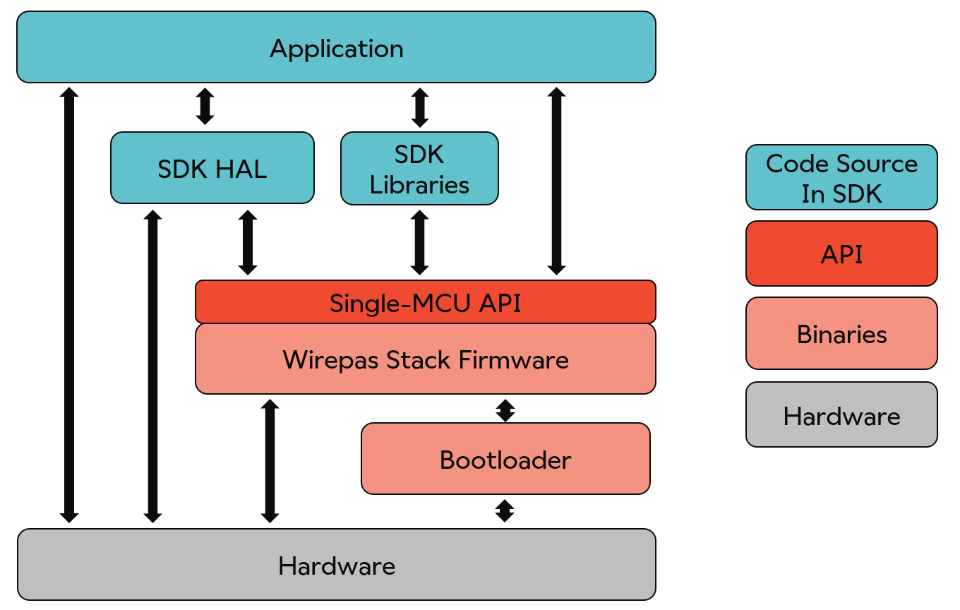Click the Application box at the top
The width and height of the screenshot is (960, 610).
(336, 47)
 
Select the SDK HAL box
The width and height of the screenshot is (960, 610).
(212, 168)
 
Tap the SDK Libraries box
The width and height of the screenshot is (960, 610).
(419, 169)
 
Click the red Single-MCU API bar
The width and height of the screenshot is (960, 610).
(425, 302)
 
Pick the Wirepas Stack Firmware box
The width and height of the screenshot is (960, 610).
(425, 359)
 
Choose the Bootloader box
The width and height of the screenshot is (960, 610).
(505, 459)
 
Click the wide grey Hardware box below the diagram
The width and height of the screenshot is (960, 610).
(336, 565)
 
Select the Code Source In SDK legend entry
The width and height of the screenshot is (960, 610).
(841, 178)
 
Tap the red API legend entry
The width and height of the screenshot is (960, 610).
(841, 253)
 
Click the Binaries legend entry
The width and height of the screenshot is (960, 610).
(841, 333)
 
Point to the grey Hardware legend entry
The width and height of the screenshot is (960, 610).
(841, 415)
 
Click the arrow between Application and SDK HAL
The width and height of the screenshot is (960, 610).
(205, 107)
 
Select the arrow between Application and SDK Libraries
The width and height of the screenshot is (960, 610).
(420, 107)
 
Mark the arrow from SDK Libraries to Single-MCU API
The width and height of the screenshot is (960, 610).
(420, 242)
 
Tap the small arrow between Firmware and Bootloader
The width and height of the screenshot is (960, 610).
(505, 410)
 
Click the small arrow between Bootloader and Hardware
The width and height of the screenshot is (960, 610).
(505, 510)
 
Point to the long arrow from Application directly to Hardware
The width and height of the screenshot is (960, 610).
(69, 305)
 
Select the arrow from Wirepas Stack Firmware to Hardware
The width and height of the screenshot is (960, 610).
(270, 461)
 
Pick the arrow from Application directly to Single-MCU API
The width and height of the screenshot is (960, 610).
(556, 181)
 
